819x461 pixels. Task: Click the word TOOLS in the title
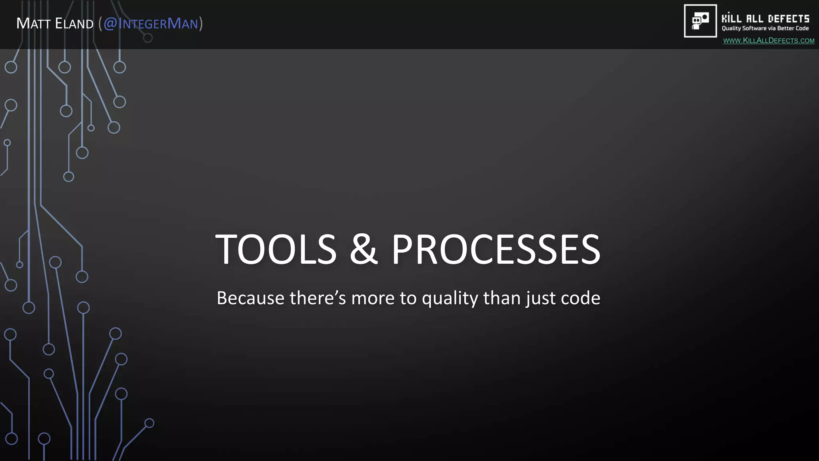(276, 249)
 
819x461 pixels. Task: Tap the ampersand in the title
(364, 249)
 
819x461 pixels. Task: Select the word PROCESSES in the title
(495, 249)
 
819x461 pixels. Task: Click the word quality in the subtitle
(450, 299)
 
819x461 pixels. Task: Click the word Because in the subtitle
(250, 299)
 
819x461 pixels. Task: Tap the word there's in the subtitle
(318, 299)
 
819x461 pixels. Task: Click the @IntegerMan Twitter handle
(151, 24)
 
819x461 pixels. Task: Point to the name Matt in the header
(33, 24)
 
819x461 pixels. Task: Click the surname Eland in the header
(74, 24)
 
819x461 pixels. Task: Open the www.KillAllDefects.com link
(769, 41)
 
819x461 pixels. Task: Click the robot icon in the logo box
(700, 21)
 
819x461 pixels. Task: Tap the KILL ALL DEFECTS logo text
(765, 19)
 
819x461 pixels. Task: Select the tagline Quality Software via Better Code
(765, 28)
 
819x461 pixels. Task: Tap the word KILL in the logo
(731, 19)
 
